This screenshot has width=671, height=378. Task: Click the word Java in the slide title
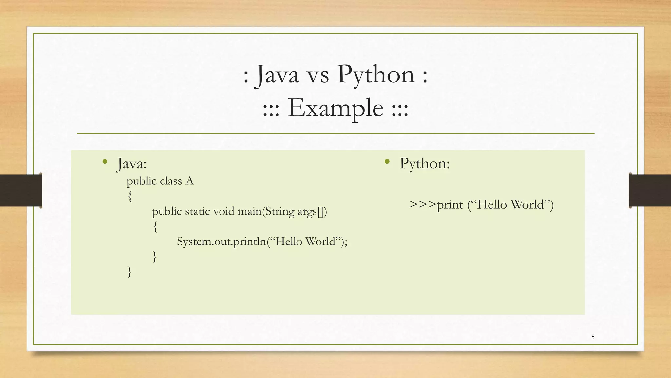277,74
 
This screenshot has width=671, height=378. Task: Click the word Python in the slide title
376,74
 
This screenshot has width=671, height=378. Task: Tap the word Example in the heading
335,108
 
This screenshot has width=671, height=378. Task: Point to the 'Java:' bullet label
132,163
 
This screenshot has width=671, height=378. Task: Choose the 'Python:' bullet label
425,163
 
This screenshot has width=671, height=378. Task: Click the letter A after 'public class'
189,181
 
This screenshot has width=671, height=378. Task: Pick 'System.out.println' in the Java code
221,242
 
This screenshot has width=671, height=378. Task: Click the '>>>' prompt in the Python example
423,205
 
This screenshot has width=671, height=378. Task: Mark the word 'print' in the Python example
450,205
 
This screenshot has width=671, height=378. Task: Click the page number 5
593,337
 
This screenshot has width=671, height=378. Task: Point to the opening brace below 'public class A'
130,197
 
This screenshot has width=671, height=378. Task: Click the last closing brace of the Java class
129,272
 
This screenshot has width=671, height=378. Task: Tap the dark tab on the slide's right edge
650,190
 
